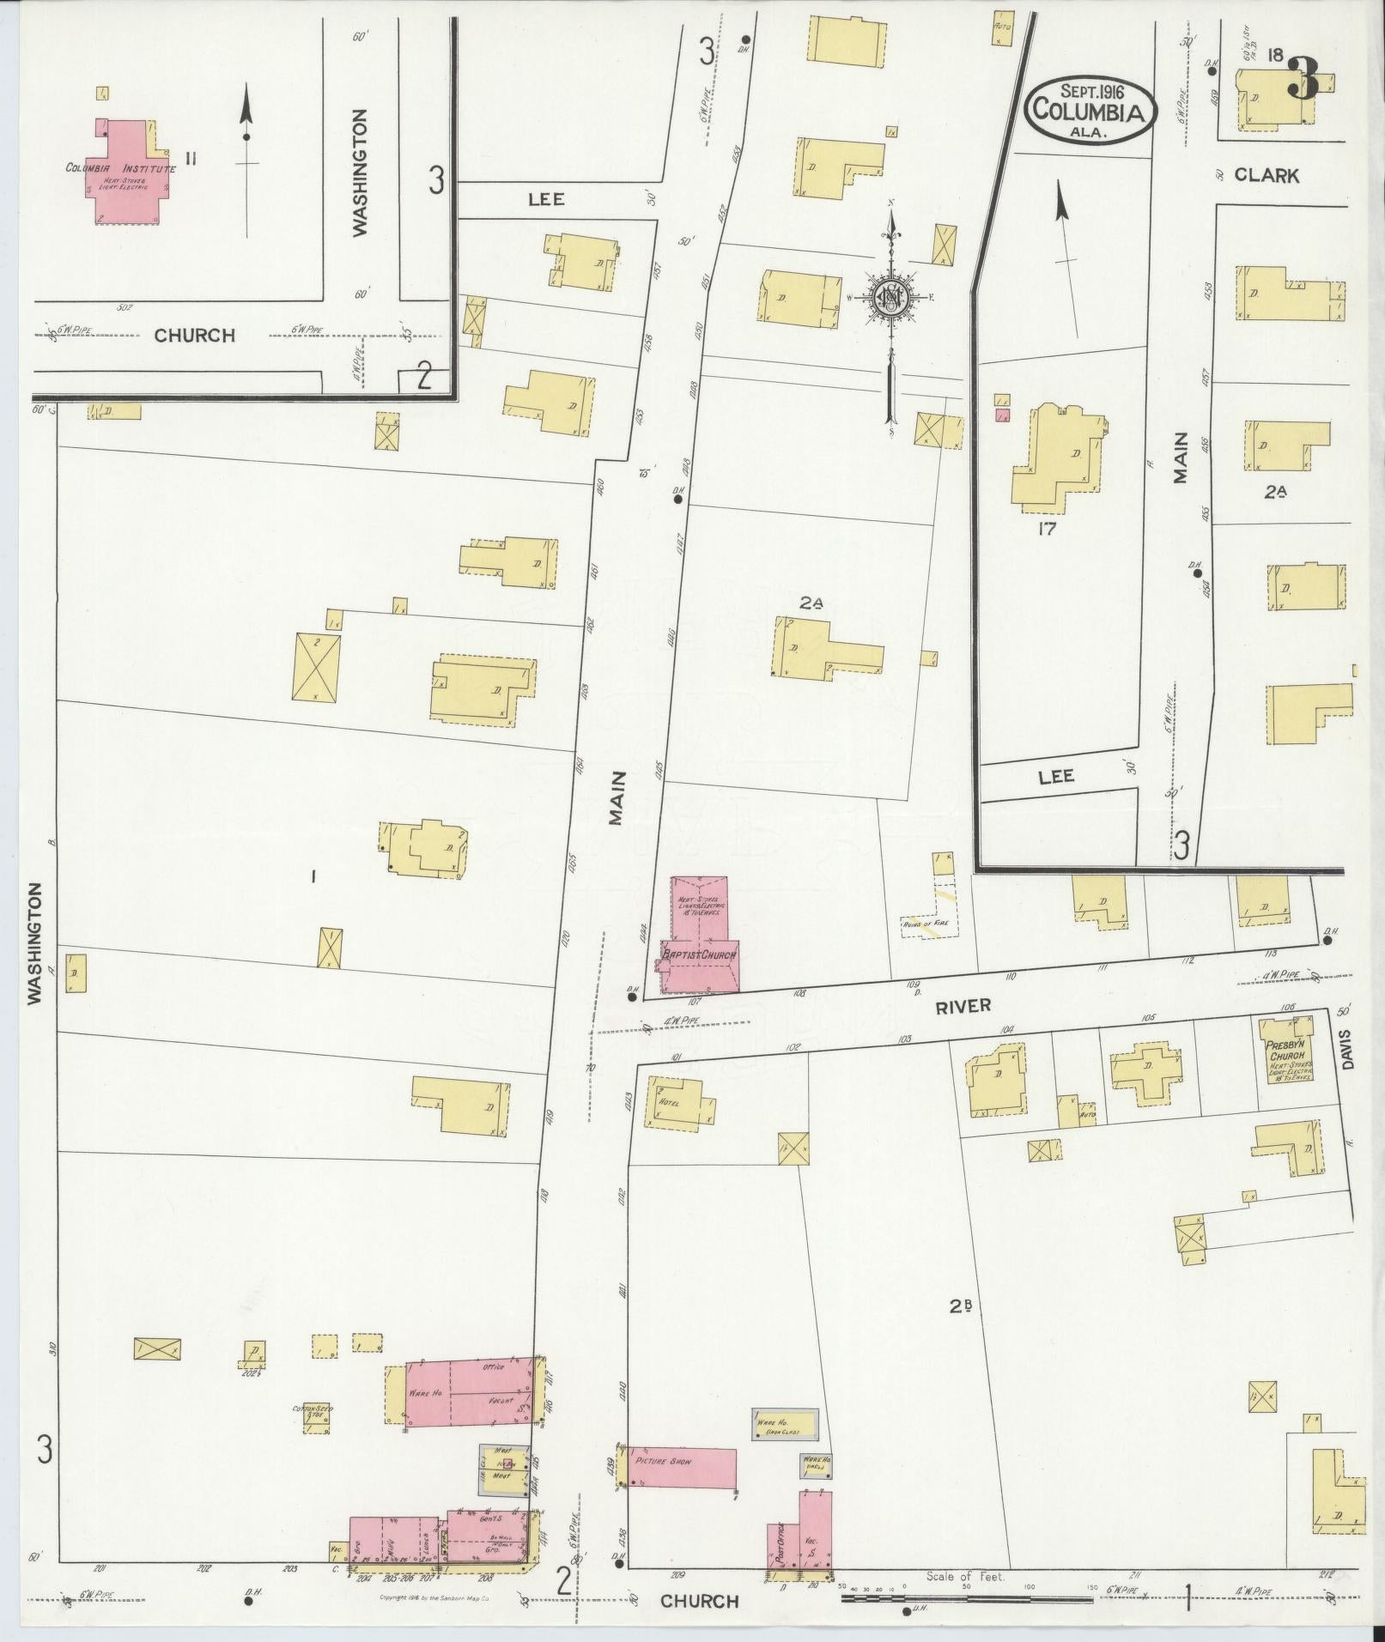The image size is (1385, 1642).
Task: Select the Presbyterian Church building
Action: coord(1285,1051)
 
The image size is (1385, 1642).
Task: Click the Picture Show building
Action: coord(682,1468)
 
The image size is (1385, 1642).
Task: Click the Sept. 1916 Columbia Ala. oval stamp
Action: coord(1091,111)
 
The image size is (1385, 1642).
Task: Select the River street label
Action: coord(963,1007)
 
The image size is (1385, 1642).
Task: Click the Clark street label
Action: coord(1267,175)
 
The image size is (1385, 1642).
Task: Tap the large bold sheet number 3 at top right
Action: coord(1303,81)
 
